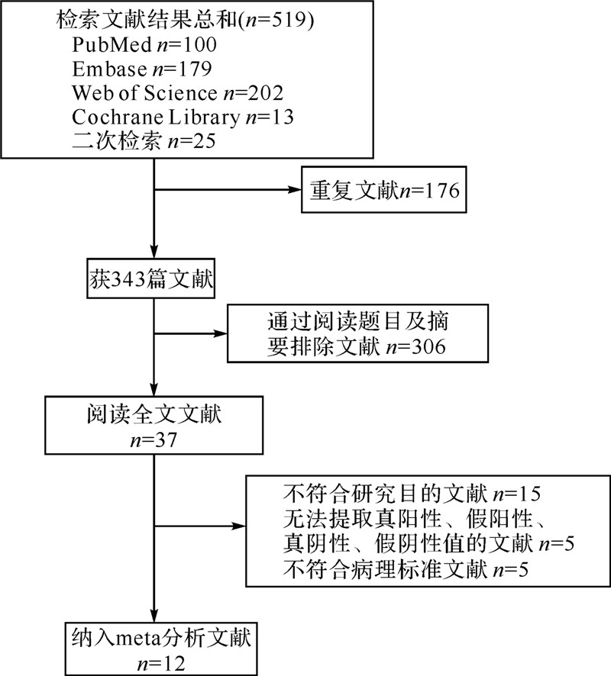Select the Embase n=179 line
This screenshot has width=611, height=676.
click(142, 69)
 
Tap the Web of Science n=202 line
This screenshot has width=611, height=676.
click(178, 94)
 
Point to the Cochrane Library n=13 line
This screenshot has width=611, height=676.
click(183, 118)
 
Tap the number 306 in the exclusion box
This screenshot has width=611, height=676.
click(425, 346)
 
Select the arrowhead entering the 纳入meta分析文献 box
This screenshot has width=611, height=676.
click(155, 615)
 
